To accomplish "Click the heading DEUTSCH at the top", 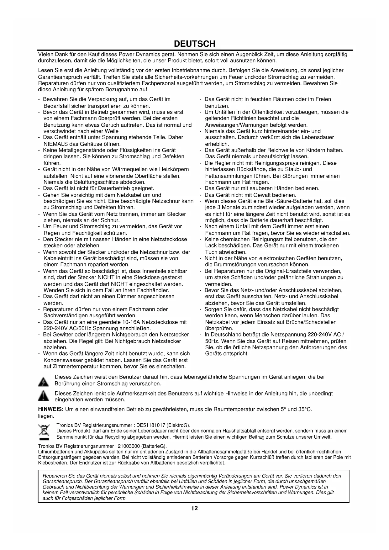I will coord(194,44).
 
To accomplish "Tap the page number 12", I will coord(194,508).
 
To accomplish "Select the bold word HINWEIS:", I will coord(51,410).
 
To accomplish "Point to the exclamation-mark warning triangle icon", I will coord(43,396).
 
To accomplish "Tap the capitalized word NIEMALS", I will coord(55,144).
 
